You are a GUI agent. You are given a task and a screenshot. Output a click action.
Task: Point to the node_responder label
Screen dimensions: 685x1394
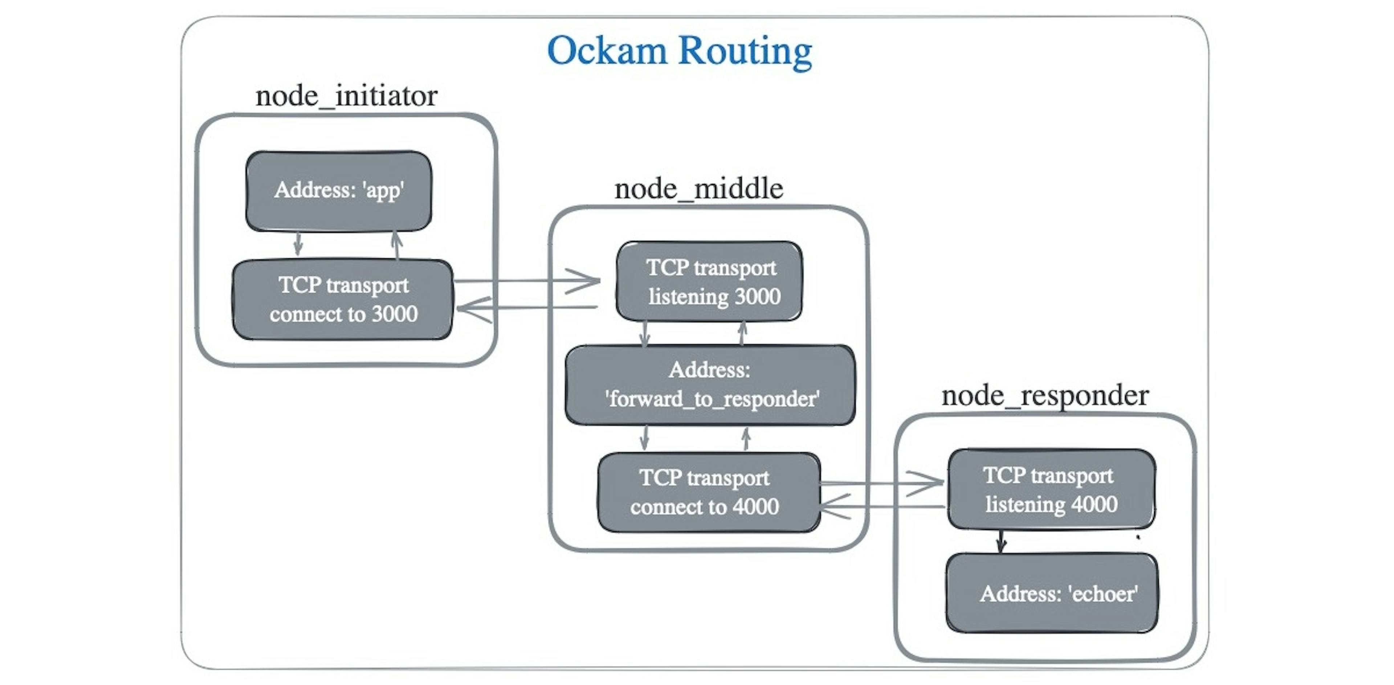[1044, 396]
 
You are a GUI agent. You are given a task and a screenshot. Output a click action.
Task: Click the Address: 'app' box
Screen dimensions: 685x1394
[339, 191]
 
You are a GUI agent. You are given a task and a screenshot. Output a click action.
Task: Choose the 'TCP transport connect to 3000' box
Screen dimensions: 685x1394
[343, 300]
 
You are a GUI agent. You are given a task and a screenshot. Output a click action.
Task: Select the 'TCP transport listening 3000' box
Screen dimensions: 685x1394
[709, 282]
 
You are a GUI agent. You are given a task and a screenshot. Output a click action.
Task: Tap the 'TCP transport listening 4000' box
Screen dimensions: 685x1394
[1051, 489]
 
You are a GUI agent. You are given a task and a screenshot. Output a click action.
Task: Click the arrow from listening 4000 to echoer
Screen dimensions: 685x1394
[1001, 541]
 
